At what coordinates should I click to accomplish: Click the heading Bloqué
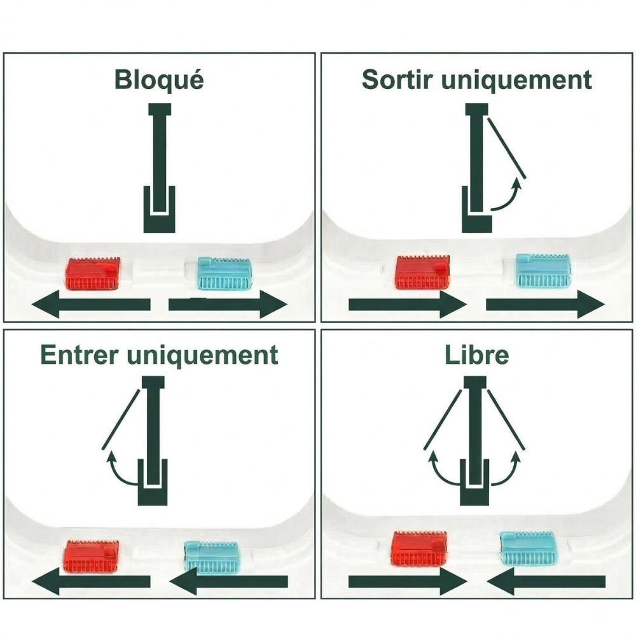coord(159,81)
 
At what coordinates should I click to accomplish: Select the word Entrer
coord(79,356)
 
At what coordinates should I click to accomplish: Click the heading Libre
coord(477,356)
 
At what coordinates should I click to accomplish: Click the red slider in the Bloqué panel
coord(93,273)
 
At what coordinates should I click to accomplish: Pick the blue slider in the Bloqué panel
coord(225,273)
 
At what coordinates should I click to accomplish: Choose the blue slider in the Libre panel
coord(529,549)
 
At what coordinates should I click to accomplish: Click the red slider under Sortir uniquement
coord(422,272)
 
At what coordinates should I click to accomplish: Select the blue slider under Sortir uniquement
coord(543,270)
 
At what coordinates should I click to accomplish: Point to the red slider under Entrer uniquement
coord(92,556)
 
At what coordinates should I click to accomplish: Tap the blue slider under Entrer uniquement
coord(212,556)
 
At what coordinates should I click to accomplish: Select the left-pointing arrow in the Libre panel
coord(546,581)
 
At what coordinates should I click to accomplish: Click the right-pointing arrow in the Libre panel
coord(408,581)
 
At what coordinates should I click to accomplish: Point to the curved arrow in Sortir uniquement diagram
coord(507,197)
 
